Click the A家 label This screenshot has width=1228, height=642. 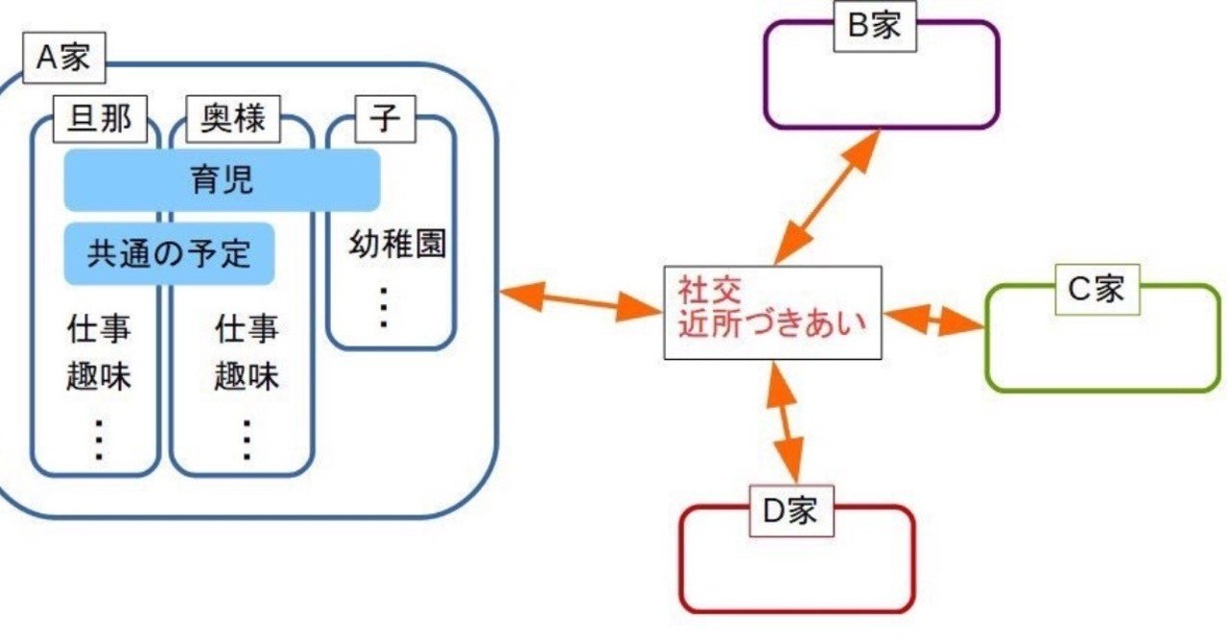tap(63, 59)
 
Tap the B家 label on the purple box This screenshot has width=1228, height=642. tap(873, 26)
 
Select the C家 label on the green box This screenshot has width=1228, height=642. tap(1097, 288)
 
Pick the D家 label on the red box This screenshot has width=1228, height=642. tap(791, 511)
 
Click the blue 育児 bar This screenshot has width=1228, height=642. tap(222, 179)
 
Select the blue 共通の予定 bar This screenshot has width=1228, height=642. tap(169, 253)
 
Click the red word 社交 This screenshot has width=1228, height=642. tap(712, 287)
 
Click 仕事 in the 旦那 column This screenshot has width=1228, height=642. tap(99, 329)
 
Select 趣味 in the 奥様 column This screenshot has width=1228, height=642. tap(247, 377)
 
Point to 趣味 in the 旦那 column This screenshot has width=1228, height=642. tap(99, 377)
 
